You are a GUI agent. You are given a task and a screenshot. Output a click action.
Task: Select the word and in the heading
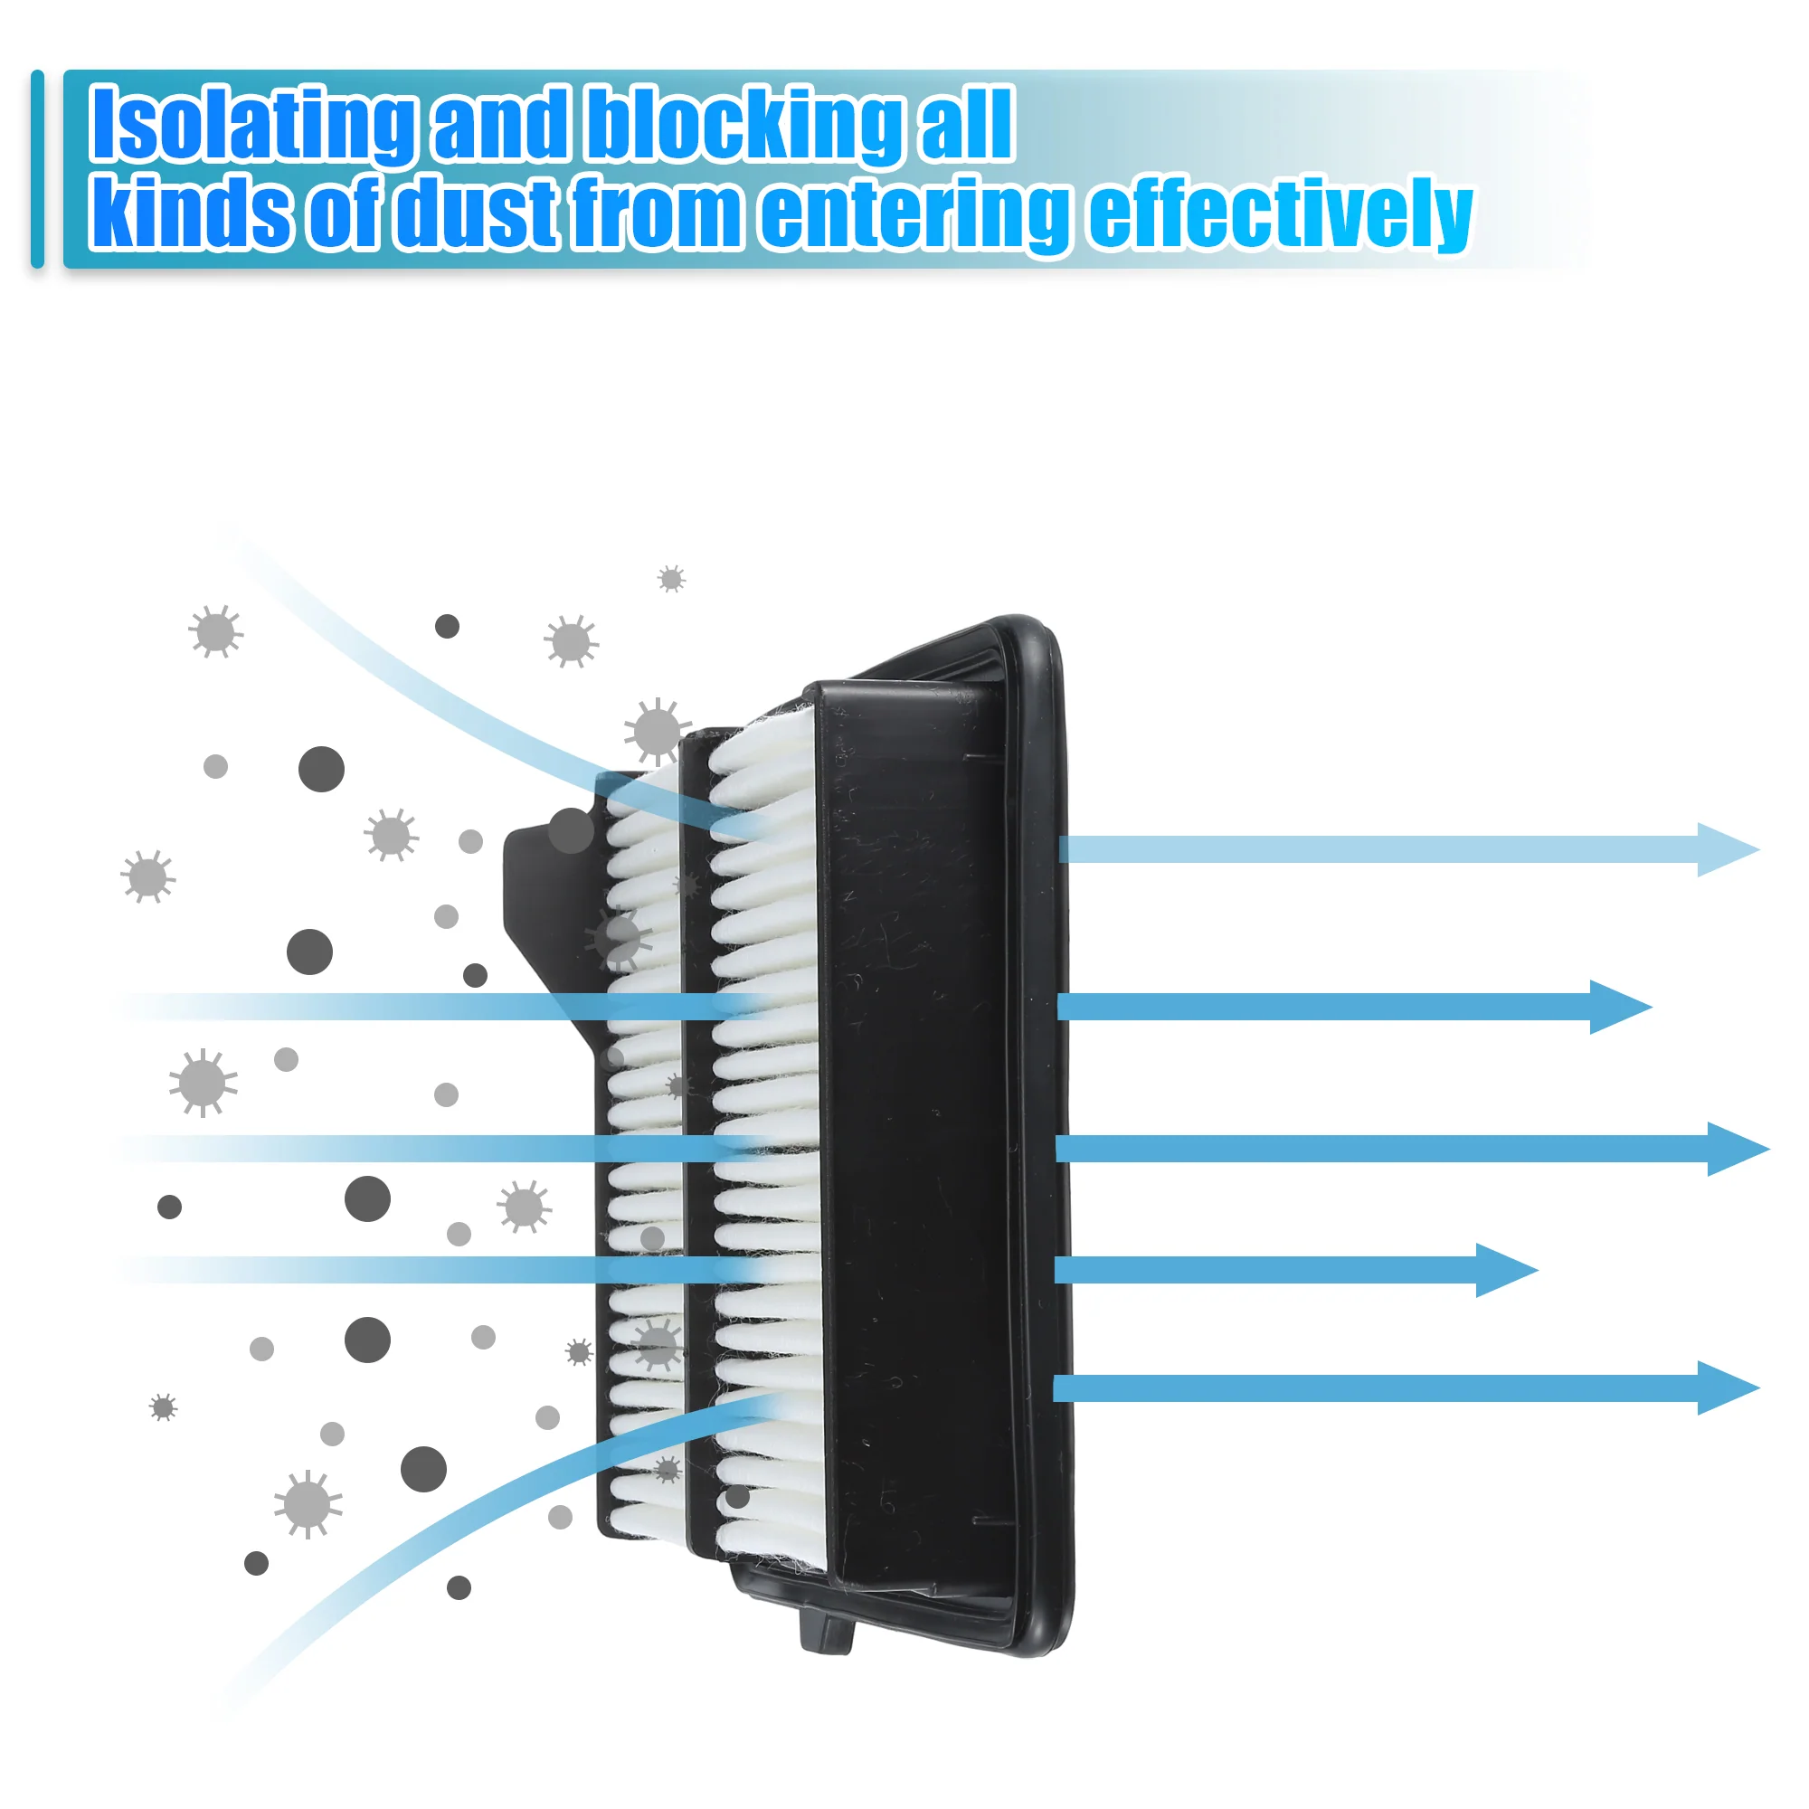point(502,125)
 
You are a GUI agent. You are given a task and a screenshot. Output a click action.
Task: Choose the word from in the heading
point(658,213)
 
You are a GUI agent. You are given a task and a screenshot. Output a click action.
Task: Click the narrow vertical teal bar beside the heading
point(37,168)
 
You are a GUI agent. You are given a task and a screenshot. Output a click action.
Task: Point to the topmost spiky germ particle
point(671,579)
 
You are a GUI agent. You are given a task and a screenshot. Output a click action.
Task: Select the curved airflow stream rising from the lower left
point(469,1508)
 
